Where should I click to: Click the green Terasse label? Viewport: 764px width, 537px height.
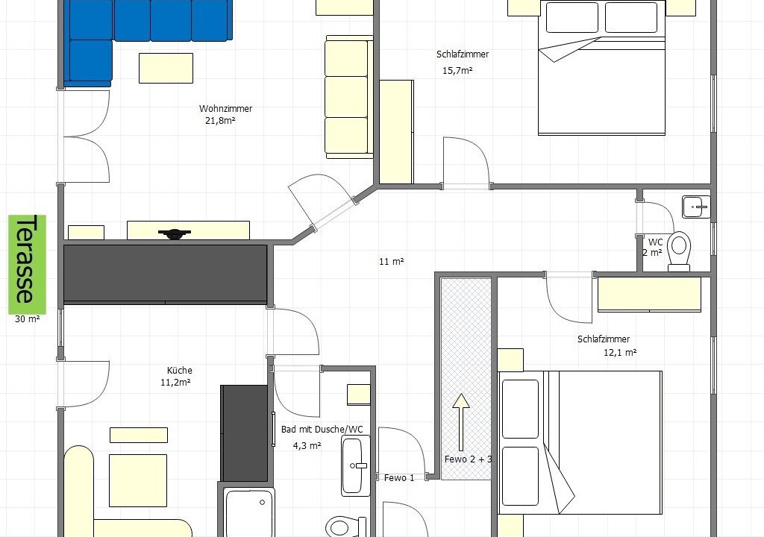[x=28, y=265]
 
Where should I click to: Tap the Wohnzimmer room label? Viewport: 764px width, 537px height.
[x=225, y=109]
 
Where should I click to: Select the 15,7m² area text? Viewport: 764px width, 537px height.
[x=457, y=70]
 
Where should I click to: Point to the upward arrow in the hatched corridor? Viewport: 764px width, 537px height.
[x=461, y=422]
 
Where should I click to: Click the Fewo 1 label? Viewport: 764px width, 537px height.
[x=399, y=478]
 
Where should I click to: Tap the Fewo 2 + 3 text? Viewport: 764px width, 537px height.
[x=469, y=459]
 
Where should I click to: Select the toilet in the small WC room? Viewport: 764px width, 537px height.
[x=679, y=251]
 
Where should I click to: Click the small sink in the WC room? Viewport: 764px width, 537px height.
[x=696, y=207]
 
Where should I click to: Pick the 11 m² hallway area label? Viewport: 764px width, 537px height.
[x=392, y=262]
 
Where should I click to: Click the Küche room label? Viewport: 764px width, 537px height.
[x=179, y=371]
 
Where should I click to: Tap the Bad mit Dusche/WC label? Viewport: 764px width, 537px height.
[x=322, y=430]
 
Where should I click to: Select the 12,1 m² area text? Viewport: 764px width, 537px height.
[x=620, y=352]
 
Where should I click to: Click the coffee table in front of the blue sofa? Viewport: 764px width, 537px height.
[x=166, y=68]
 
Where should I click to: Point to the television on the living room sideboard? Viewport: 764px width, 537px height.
[x=175, y=234]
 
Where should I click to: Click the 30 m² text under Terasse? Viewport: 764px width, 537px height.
[x=28, y=319]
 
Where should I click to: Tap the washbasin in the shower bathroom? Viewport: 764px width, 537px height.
[x=355, y=466]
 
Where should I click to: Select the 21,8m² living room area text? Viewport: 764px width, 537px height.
[x=220, y=121]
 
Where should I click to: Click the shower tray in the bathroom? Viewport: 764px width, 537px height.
[x=249, y=512]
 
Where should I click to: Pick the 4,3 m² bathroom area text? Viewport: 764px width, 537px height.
[x=307, y=445]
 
